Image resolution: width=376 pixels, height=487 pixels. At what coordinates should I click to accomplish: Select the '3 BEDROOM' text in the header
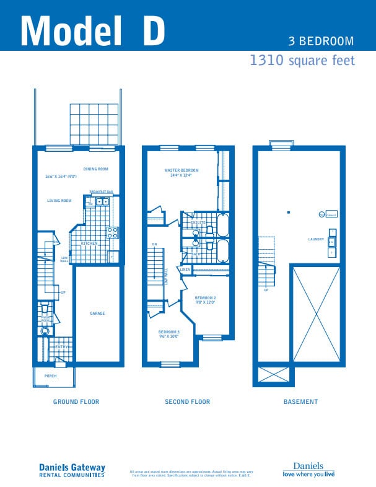pos(321,42)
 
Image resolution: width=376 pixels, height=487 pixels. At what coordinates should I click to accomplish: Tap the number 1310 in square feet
pos(266,60)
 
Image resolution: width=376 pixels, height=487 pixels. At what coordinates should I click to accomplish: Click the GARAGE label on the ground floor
pos(97,314)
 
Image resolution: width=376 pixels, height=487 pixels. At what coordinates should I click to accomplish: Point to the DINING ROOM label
pos(96,169)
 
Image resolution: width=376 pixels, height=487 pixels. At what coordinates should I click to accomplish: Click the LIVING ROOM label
pos(59,201)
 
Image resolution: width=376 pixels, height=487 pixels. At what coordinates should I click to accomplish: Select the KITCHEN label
pos(90,243)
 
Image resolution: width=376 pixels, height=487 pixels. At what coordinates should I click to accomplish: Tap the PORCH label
pos(50,375)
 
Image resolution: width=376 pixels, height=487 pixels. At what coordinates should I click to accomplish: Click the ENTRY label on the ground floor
pos(61,347)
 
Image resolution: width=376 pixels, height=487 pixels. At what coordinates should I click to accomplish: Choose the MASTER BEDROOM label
pos(181,170)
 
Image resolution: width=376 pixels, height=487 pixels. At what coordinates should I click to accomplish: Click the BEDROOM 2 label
pos(204,298)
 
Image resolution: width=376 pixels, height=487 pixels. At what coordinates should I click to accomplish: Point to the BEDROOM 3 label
pos(168,332)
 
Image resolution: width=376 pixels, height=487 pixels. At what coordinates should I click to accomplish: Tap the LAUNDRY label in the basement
pos(316,239)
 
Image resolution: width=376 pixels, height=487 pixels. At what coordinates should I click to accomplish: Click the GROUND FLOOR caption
pos(76,402)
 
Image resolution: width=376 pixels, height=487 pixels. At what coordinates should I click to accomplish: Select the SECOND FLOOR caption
pos(187,402)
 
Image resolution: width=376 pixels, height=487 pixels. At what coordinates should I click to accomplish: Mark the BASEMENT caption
pos(300,402)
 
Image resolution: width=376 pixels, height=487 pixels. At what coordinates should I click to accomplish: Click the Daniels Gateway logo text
pos(72,468)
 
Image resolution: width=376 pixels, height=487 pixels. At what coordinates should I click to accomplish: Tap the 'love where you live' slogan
pos(308,474)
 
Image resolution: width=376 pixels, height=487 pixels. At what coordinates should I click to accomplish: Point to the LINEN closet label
pos(185,270)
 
